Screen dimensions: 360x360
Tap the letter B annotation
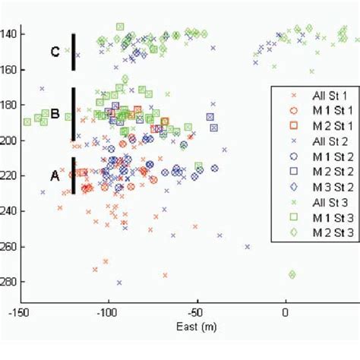click(x=55, y=115)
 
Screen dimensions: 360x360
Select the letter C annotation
click(x=55, y=52)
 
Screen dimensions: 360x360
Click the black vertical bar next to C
click(x=74, y=52)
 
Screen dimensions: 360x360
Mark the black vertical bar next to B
click(x=74, y=114)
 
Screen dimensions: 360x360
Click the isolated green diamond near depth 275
click(x=292, y=274)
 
